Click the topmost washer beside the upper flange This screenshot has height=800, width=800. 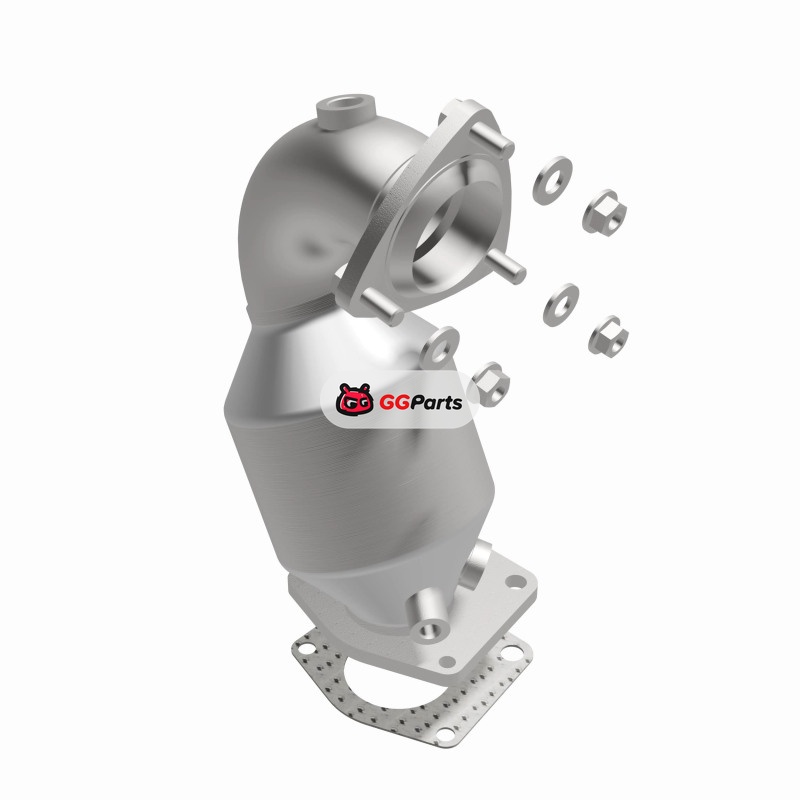click(x=552, y=181)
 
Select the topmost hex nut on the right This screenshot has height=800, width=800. click(x=605, y=212)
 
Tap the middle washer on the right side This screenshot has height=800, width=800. click(x=561, y=305)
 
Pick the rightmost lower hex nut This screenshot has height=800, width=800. click(x=608, y=335)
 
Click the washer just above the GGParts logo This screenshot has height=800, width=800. click(x=439, y=347)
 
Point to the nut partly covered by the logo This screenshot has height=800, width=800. click(x=490, y=383)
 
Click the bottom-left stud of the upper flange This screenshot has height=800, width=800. click(x=381, y=308)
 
